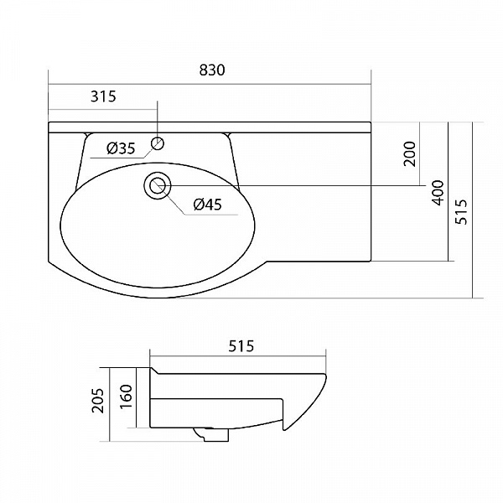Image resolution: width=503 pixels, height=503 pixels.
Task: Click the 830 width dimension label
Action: point(212,70)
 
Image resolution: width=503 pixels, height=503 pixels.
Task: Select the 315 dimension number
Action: point(103,96)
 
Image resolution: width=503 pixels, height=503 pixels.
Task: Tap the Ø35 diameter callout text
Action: point(121,148)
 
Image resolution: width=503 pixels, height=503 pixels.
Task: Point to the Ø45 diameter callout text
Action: point(208,205)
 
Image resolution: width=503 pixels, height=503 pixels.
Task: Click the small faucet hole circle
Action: point(158,143)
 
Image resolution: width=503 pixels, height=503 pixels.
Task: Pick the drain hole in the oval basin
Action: point(158,186)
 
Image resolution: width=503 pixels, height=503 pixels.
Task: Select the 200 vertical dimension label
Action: point(410,153)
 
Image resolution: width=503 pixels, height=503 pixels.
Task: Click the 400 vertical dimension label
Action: point(438,193)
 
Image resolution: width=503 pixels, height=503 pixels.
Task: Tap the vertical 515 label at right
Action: point(462,212)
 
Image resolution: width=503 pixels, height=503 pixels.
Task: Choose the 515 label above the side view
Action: point(241,346)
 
